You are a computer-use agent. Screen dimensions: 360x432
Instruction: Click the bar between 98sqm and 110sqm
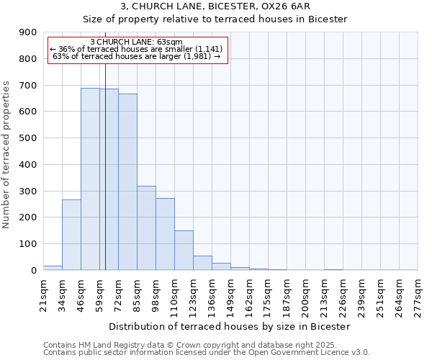(x=165, y=234)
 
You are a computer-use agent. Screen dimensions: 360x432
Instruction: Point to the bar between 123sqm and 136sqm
(x=202, y=263)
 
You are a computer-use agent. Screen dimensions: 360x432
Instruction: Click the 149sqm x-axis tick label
(x=230, y=295)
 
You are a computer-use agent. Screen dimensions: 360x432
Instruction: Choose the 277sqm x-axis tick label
(x=418, y=295)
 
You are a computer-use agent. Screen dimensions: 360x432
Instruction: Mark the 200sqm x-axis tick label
(x=305, y=295)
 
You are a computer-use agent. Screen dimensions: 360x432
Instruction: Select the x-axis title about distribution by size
(x=230, y=326)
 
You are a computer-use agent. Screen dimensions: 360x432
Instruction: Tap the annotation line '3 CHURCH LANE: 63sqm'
(x=136, y=42)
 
